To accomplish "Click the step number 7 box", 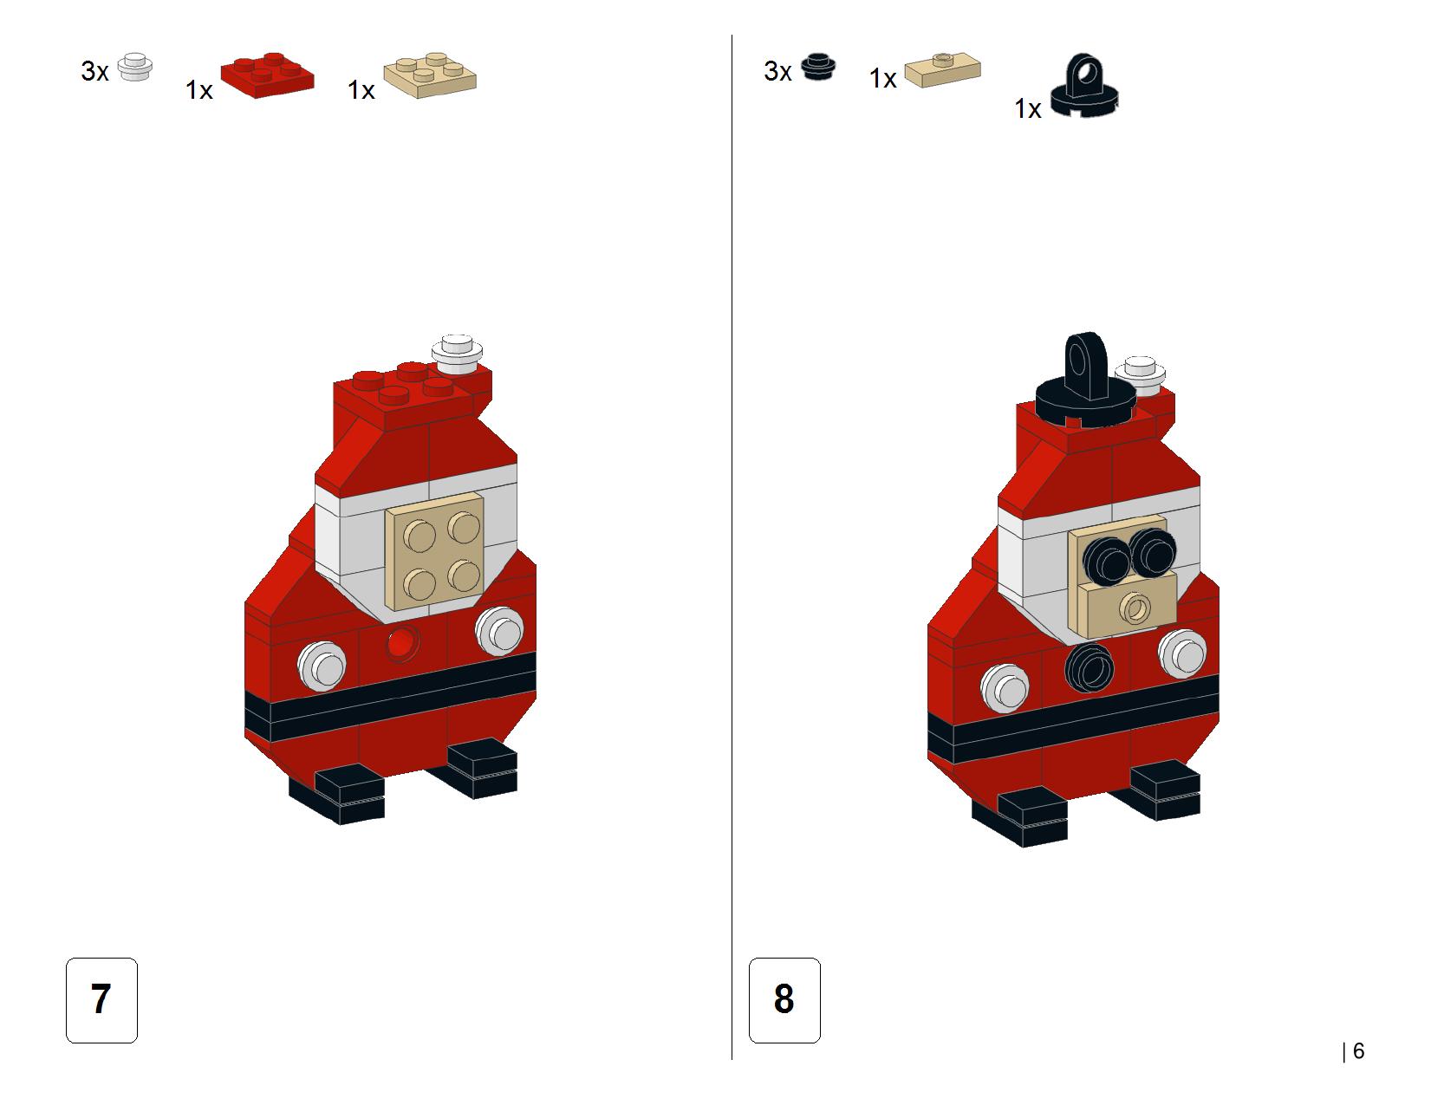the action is (101, 999).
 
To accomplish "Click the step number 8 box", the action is (784, 999).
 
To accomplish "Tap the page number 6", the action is (1358, 1051).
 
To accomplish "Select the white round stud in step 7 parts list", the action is (135, 68).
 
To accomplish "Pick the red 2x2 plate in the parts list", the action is (267, 75).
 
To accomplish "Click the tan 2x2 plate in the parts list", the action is (430, 75).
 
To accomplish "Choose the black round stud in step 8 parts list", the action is (818, 68).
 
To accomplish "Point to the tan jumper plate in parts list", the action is (942, 70).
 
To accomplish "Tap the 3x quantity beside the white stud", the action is (94, 71).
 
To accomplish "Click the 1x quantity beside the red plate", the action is (198, 90).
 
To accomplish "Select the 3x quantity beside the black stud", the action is (777, 71).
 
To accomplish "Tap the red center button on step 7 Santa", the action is (402, 643).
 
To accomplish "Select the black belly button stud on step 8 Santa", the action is (1090, 667).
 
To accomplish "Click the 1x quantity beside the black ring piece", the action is (1028, 109).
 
